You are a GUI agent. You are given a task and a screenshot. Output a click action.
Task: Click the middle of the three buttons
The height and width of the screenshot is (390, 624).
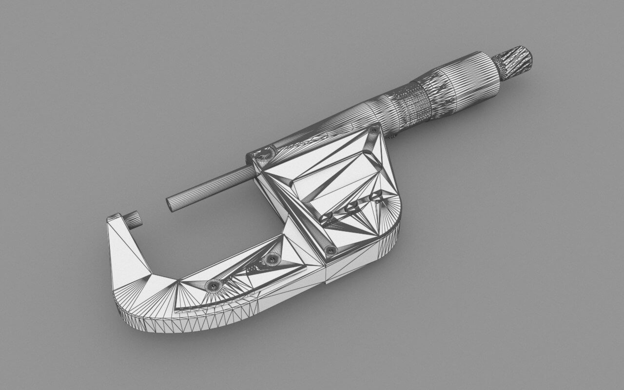pos(352,207)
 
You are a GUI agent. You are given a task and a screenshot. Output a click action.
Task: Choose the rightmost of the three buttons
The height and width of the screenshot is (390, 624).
pos(376,196)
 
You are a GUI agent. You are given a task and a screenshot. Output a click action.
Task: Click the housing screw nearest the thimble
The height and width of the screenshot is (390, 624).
pos(374,130)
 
